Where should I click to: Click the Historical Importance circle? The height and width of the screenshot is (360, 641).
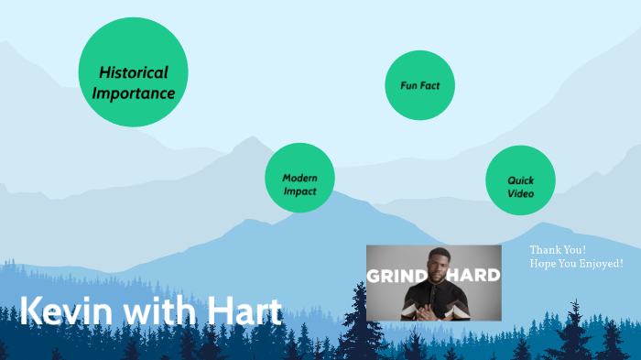coord(134,72)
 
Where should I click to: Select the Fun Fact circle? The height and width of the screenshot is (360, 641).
coord(420,85)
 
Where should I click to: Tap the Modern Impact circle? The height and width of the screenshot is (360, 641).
coord(299,178)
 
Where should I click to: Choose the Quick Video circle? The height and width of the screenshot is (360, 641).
coord(520,180)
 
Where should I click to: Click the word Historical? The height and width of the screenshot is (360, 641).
coord(134,72)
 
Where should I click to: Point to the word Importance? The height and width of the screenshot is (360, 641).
coord(134,93)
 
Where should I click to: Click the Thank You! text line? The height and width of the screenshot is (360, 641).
coord(558,249)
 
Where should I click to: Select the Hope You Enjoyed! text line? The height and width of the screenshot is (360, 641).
coord(576,263)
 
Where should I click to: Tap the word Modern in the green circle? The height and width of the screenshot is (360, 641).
coord(299,178)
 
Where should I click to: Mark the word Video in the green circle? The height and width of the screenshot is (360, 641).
coord(521,193)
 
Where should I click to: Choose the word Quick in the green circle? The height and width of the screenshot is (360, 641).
coord(521,180)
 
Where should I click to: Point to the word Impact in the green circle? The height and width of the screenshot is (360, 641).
coord(299,191)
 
